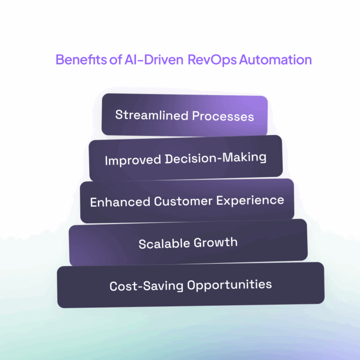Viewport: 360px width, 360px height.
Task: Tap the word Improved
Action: (133, 159)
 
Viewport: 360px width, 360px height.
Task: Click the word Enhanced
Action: (120, 201)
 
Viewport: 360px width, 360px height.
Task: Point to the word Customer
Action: (184, 201)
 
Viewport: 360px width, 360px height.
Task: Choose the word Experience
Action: (251, 201)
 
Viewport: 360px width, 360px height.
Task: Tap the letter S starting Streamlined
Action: (118, 115)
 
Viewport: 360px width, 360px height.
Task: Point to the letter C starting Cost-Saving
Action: (113, 286)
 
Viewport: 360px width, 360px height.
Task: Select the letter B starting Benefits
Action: (59, 60)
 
